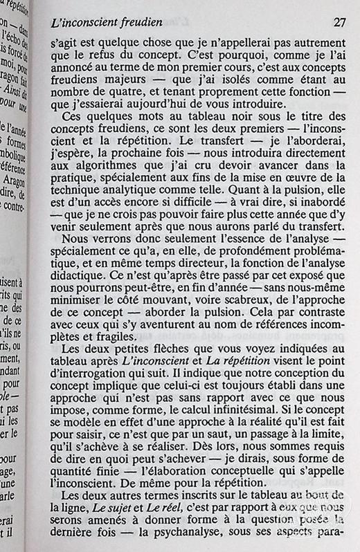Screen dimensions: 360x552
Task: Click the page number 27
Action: [339, 21]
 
